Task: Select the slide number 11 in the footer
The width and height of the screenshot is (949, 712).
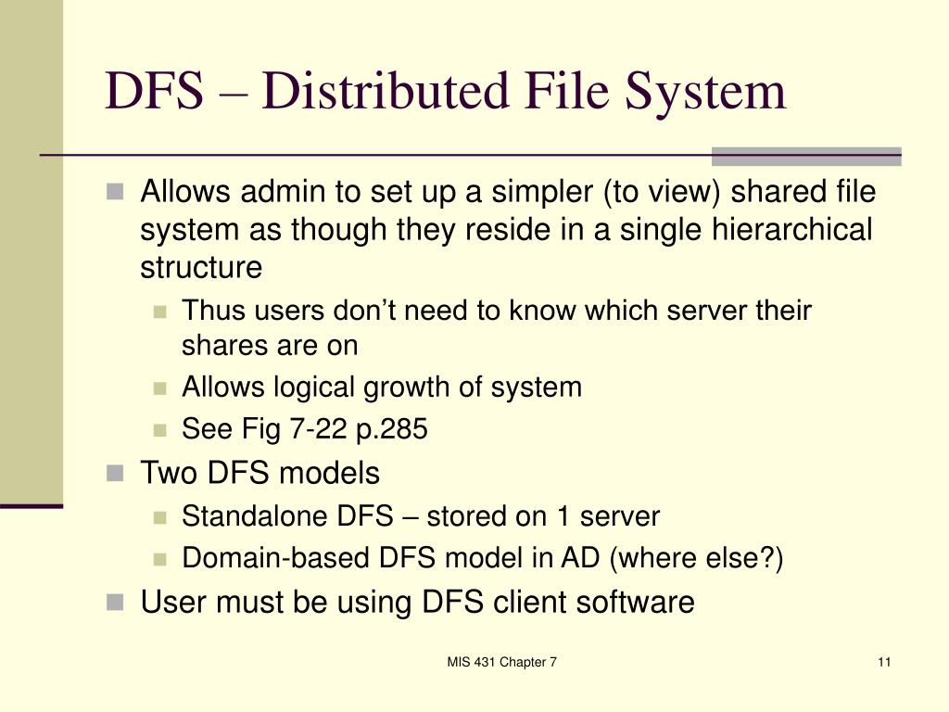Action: [x=882, y=662]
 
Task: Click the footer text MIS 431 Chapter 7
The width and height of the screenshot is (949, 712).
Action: [x=501, y=662]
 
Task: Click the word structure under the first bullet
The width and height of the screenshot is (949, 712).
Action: [x=201, y=267]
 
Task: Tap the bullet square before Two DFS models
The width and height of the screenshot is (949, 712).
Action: [x=115, y=473]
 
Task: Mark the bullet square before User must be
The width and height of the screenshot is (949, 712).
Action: [x=115, y=602]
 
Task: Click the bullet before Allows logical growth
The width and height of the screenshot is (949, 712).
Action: [x=160, y=388]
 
